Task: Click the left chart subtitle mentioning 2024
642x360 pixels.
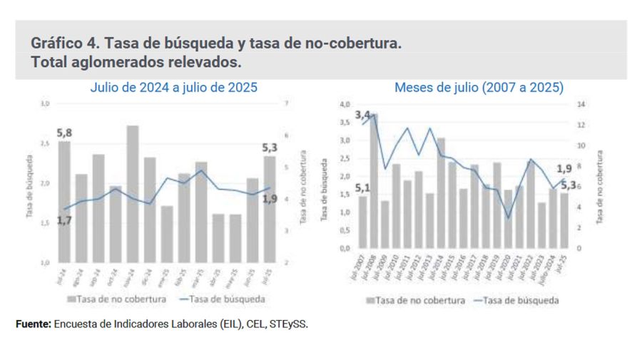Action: point(173,88)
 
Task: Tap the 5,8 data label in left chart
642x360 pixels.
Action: point(65,133)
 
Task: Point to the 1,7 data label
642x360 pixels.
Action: point(64,221)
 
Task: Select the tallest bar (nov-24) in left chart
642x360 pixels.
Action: point(132,192)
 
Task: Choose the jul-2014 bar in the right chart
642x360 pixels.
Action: point(441,192)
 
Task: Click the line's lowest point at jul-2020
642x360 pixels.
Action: point(508,217)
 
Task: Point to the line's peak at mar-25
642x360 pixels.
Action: point(200,170)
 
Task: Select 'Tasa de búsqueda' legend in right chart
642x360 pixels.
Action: point(517,300)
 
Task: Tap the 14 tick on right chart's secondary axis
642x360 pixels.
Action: point(581,104)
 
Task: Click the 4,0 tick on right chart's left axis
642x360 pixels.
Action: point(344,104)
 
